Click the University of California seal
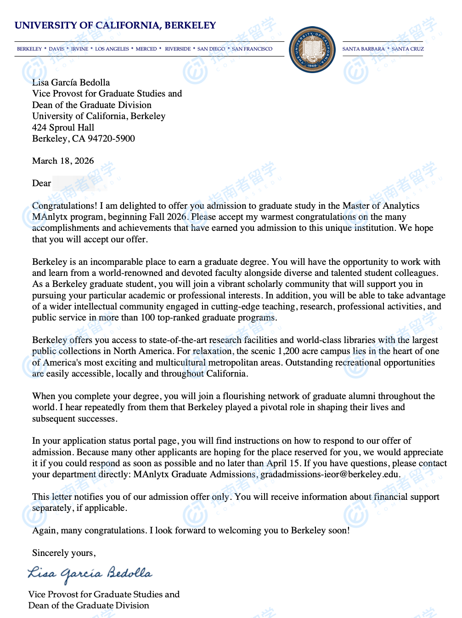(312, 49)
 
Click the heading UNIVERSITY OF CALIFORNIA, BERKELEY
(115, 25)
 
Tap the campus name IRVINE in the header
(79, 49)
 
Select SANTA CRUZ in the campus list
(408, 49)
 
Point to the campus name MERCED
(146, 49)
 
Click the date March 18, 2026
(63, 161)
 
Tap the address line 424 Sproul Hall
(63, 127)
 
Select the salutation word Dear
(41, 183)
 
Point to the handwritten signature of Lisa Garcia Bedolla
(90, 574)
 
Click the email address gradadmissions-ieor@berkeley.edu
(330, 475)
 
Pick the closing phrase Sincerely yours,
(64, 553)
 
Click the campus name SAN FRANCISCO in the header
(252, 49)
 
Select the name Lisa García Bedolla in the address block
(71, 83)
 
